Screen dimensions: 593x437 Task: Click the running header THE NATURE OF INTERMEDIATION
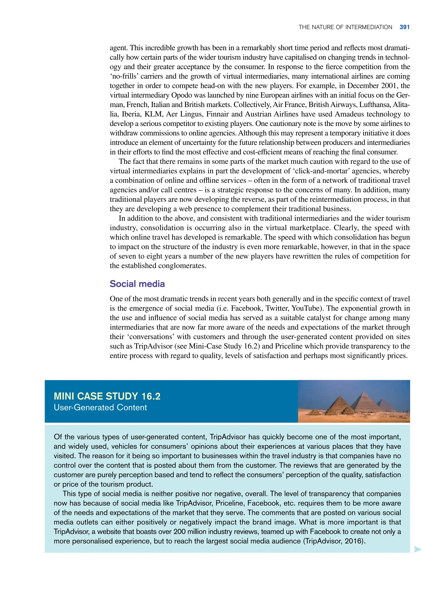345,27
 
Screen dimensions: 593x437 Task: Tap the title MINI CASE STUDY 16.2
107,396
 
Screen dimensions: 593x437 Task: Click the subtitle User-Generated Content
100,407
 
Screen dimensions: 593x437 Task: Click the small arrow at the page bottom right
417,549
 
